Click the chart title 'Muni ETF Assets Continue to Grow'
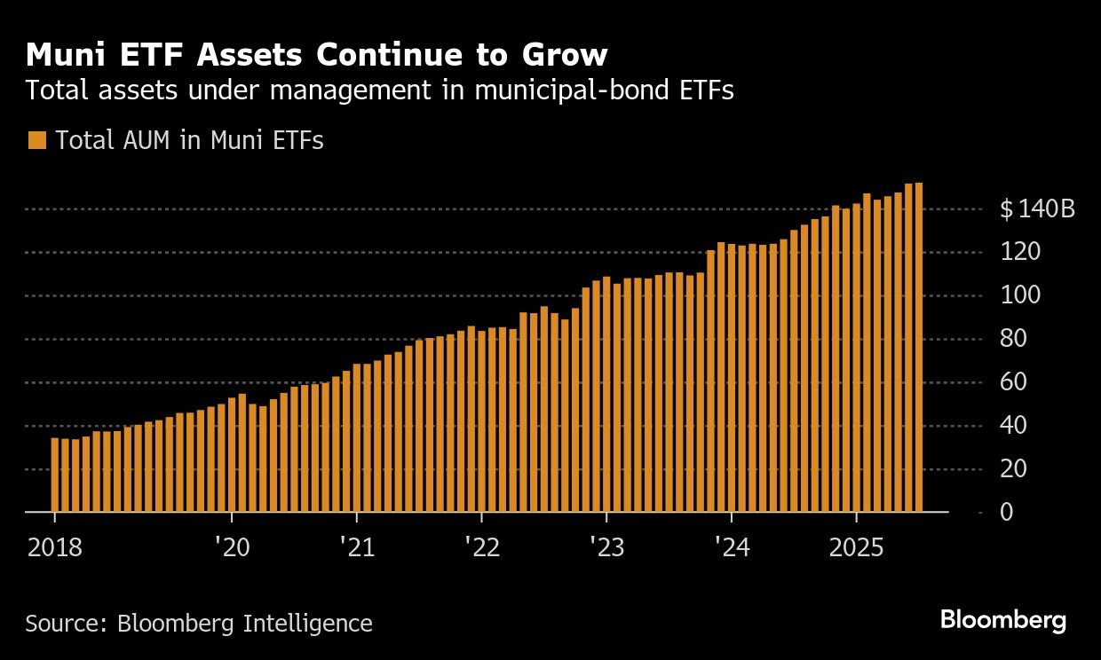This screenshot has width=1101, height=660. tap(317, 55)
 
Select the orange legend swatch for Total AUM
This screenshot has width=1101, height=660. tap(36, 140)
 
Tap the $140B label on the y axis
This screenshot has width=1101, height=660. tap(1037, 209)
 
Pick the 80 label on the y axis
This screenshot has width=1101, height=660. tap(1014, 339)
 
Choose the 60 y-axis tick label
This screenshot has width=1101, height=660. tap(1014, 382)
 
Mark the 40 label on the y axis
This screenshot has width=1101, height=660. tap(1014, 426)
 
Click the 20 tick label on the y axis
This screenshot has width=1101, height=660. tap(1014, 468)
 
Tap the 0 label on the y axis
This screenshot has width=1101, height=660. tap(1007, 512)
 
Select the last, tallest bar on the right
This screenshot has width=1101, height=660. tap(918, 347)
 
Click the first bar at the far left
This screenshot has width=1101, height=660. tap(55, 475)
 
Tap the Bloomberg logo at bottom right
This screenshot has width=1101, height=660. tap(1003, 620)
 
